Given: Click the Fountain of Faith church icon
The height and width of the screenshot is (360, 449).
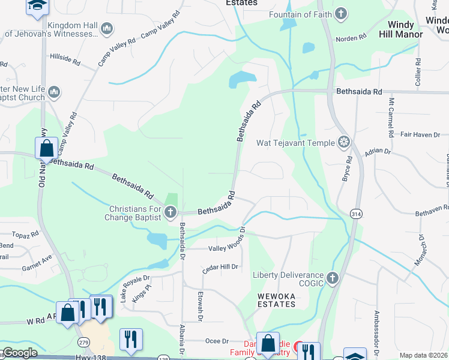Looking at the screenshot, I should point(340,14).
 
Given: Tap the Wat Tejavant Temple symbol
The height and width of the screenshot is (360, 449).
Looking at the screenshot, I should point(344,142).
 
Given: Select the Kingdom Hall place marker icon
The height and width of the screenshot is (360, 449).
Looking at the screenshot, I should point(107,28).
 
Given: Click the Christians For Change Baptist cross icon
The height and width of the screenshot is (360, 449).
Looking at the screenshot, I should point(170,212).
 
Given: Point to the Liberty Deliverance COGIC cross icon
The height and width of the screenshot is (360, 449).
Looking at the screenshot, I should point(333,278).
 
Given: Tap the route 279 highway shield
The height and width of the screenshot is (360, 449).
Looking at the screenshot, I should point(82,341).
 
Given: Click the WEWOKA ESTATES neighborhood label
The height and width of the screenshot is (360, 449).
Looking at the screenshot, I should point(277,300).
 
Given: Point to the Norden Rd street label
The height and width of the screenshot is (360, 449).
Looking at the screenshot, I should point(351,38).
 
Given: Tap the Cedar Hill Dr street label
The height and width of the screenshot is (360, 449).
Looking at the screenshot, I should point(220,268).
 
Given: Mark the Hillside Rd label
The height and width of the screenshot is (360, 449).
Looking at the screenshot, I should point(65,60).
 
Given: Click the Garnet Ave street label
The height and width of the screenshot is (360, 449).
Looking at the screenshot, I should point(37,265).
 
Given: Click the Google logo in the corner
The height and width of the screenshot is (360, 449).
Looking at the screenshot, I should point(20,353).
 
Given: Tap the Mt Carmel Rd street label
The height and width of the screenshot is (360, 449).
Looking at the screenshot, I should point(392,114).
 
